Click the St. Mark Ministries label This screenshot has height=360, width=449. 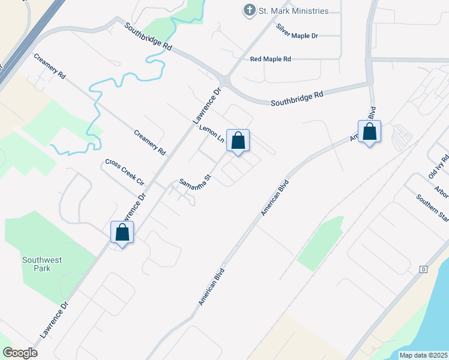[294, 11]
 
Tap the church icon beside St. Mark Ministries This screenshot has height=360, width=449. [249, 10]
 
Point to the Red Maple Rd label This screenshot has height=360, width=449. [271, 59]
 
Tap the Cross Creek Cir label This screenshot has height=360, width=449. [125, 172]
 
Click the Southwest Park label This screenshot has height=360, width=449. [43, 264]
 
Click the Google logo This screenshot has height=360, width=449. [20, 353]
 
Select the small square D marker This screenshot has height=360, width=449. [423, 269]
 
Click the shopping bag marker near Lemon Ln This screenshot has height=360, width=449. [238, 141]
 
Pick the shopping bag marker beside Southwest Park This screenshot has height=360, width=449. [122, 232]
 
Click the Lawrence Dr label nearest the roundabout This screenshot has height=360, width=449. [207, 106]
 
